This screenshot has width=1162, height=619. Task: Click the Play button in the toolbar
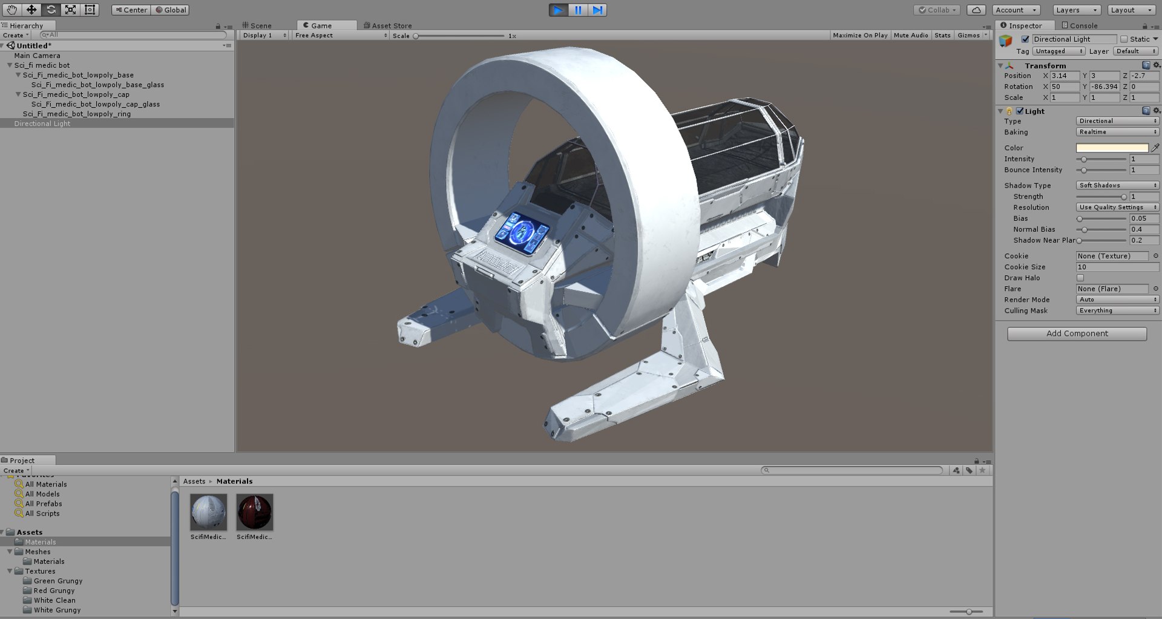click(558, 10)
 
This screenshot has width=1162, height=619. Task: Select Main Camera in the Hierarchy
click(37, 56)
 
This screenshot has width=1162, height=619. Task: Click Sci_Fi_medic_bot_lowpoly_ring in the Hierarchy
click(77, 114)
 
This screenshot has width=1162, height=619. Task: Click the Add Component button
click(1077, 333)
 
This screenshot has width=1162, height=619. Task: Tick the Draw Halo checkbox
click(1080, 278)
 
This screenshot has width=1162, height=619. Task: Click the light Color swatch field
click(1112, 148)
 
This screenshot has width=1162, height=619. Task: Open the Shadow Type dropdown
click(1117, 185)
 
